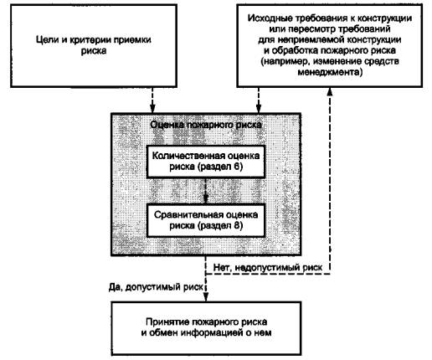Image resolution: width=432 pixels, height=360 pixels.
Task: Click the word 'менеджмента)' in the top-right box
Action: (x=330, y=72)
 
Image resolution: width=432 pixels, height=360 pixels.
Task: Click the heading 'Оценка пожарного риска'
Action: (x=206, y=125)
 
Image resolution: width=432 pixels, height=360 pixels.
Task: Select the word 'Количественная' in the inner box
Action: (x=187, y=156)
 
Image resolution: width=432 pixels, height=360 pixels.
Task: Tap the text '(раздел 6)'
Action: (x=220, y=167)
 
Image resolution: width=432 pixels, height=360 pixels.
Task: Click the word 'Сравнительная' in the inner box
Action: (x=188, y=215)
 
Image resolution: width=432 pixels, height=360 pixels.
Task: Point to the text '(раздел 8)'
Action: (x=220, y=226)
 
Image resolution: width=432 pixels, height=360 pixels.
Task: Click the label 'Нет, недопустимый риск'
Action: (x=268, y=268)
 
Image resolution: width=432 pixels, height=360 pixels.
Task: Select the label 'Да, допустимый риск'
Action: (x=156, y=287)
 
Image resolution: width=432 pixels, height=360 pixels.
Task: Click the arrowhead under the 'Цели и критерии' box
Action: (x=152, y=109)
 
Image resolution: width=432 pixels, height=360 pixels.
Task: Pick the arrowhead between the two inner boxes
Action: (x=206, y=198)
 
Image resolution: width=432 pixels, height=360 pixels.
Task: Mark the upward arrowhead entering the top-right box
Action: (x=330, y=92)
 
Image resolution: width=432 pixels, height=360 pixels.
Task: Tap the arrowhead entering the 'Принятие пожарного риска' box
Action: (x=206, y=297)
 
